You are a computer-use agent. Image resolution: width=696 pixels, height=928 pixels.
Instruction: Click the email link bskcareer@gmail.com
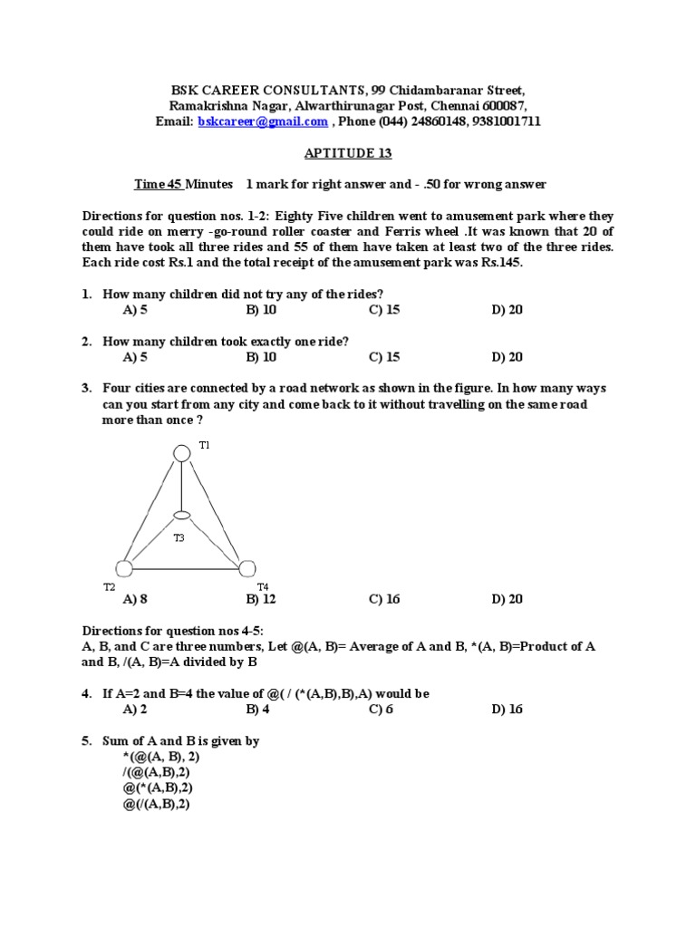(x=263, y=121)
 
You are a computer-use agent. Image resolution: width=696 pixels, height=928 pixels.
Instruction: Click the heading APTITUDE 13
(x=348, y=153)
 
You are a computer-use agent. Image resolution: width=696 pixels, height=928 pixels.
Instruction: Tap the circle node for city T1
(x=182, y=452)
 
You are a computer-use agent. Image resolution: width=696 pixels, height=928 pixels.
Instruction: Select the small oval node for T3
(x=182, y=516)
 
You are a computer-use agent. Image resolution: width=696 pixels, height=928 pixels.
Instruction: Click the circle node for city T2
(x=124, y=568)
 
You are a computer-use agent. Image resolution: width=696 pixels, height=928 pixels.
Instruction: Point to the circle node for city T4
(x=246, y=568)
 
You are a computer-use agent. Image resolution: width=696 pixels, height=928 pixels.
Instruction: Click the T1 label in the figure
(x=204, y=446)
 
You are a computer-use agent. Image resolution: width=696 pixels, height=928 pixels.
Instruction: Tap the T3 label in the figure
(x=179, y=538)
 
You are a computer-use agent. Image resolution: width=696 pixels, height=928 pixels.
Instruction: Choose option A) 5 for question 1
(x=135, y=310)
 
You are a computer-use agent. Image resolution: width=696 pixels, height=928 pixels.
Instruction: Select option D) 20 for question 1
(x=507, y=310)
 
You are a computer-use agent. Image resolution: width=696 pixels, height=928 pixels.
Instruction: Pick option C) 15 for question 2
(x=384, y=357)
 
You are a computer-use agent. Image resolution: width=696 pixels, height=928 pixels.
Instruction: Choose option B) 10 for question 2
(x=261, y=357)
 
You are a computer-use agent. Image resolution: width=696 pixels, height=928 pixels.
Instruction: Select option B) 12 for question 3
(x=261, y=599)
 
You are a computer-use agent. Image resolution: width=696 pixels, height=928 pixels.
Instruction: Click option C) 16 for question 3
(x=384, y=599)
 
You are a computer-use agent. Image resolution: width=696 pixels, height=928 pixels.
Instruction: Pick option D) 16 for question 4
(x=507, y=710)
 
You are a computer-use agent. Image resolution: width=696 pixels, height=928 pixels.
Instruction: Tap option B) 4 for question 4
(x=257, y=710)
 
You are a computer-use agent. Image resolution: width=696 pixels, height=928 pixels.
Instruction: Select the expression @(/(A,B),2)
(x=156, y=804)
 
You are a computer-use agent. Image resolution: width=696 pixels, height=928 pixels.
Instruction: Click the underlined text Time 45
(x=159, y=185)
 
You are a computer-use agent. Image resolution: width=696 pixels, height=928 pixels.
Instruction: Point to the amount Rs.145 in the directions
(x=501, y=263)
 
